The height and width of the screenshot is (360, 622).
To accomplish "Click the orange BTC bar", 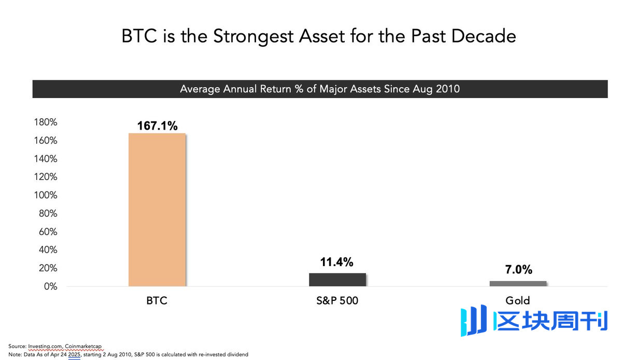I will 157,210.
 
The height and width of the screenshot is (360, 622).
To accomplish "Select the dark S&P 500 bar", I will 337,280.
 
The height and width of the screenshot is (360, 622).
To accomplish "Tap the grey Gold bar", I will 518,283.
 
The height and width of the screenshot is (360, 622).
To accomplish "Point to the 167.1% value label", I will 157,126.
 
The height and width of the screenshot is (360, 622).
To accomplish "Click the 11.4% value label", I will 337,262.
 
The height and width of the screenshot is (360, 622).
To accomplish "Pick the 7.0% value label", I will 518,270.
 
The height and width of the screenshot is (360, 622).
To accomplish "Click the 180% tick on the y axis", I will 45,122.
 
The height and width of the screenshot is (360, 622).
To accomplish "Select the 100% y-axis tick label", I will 45,196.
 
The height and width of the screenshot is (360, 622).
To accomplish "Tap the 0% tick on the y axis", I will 50,286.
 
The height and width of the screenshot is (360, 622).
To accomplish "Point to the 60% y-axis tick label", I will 47,232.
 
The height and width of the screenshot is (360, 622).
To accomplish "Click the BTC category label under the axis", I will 157,301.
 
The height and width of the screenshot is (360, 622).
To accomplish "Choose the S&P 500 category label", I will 337,301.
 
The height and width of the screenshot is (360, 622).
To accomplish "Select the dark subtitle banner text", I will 320,89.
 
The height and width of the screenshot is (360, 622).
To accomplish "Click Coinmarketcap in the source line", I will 83,345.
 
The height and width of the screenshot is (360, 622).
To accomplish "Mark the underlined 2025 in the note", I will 74,354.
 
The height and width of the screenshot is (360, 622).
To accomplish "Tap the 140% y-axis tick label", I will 45,159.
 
